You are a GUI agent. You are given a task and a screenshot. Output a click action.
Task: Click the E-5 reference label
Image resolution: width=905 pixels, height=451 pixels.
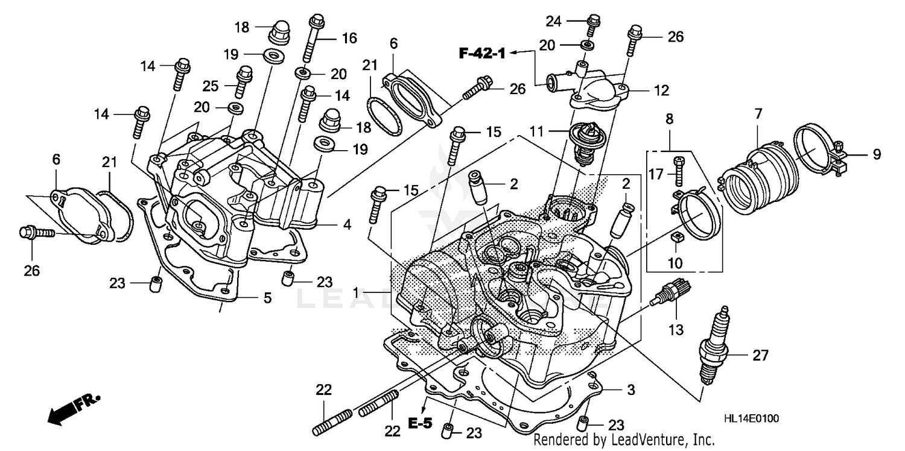click(420, 423)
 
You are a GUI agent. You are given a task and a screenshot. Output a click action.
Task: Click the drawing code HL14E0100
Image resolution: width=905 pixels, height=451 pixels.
click(748, 418)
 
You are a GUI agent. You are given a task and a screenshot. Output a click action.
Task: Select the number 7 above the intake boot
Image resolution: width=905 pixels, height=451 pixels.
click(758, 112)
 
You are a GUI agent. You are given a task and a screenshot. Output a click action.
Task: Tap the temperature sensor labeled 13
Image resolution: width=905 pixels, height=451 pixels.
click(672, 294)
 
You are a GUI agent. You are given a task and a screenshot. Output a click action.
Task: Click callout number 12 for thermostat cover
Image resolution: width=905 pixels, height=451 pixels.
click(661, 91)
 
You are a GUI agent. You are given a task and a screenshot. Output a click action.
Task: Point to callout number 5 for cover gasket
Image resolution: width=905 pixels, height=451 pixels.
click(267, 297)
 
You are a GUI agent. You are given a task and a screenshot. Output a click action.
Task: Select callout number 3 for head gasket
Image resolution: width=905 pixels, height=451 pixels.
click(630, 390)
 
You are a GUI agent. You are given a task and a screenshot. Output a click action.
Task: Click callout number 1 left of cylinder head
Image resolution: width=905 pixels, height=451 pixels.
click(357, 292)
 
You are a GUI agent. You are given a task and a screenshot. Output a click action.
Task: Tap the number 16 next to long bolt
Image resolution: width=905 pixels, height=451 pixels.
click(349, 38)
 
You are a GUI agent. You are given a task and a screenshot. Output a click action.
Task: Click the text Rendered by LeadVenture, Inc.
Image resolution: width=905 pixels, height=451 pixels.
click(624, 440)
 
